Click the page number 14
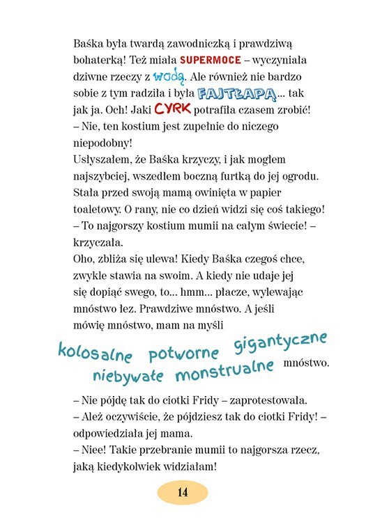[x=183, y=492]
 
